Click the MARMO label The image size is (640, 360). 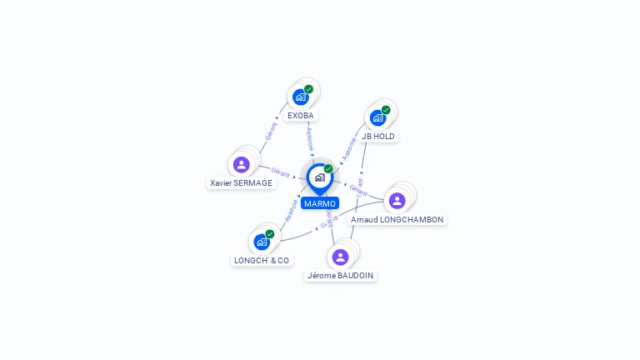[x=320, y=203]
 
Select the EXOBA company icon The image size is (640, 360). [x=301, y=97]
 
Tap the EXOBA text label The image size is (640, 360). [x=301, y=115]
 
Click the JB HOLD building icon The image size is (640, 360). [x=377, y=117]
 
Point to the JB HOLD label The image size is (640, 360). [x=378, y=136]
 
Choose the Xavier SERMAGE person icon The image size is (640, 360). [x=242, y=164]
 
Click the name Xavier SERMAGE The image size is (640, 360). [x=242, y=182]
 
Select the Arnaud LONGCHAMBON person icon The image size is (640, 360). [x=397, y=200]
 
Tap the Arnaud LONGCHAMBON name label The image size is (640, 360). [x=397, y=219]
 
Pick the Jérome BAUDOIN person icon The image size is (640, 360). [x=340, y=257]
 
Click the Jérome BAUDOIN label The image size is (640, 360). [x=340, y=275]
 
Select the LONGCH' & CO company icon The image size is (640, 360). [x=262, y=242]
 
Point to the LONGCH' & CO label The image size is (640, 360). [x=262, y=260]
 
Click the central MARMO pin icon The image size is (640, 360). [x=319, y=177]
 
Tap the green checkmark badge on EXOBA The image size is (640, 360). [x=308, y=89]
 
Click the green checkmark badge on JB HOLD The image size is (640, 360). [x=386, y=110]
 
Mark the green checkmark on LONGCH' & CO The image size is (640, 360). [x=270, y=234]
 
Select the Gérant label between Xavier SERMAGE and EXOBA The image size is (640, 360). [x=270, y=132]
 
